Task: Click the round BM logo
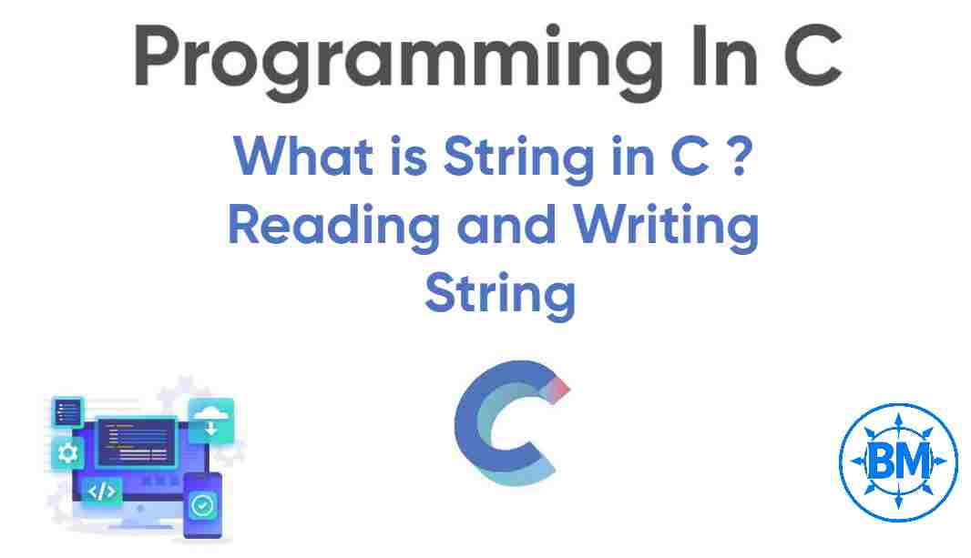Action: tap(897, 461)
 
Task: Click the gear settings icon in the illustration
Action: tap(67, 452)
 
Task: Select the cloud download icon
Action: tap(211, 420)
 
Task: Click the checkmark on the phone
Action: tap(202, 503)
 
